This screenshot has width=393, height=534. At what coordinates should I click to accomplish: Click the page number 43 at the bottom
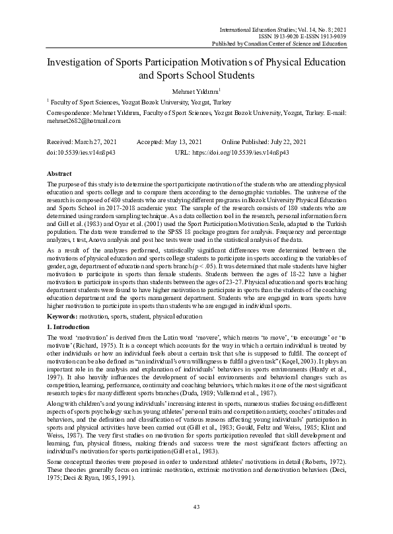click(196, 507)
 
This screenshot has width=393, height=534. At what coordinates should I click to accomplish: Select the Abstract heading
click(60, 171)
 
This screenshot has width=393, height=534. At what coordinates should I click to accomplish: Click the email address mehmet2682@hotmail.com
click(83, 121)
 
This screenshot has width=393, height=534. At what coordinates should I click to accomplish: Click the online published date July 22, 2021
click(284, 142)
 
